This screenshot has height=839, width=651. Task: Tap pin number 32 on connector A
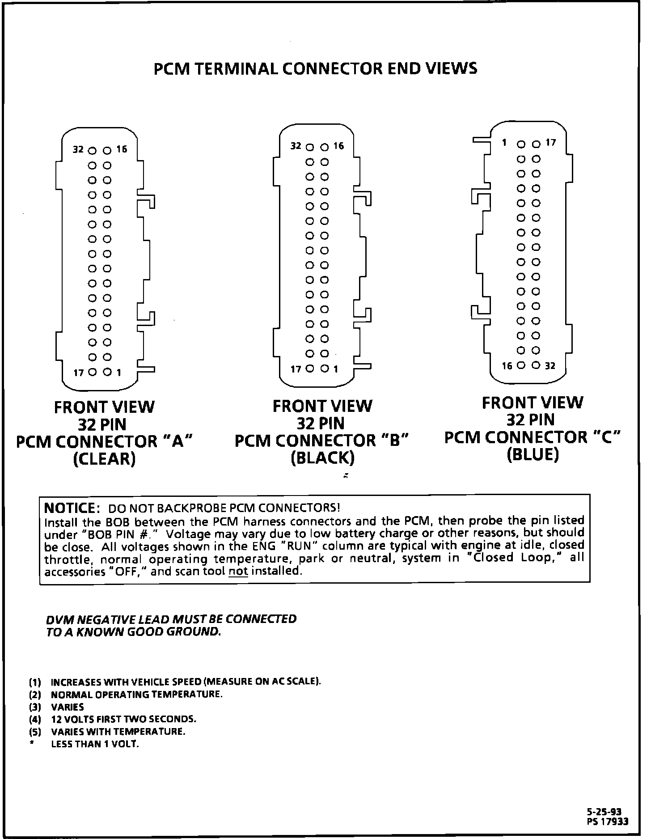[78, 149]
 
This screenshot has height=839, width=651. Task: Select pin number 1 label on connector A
[119, 372]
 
